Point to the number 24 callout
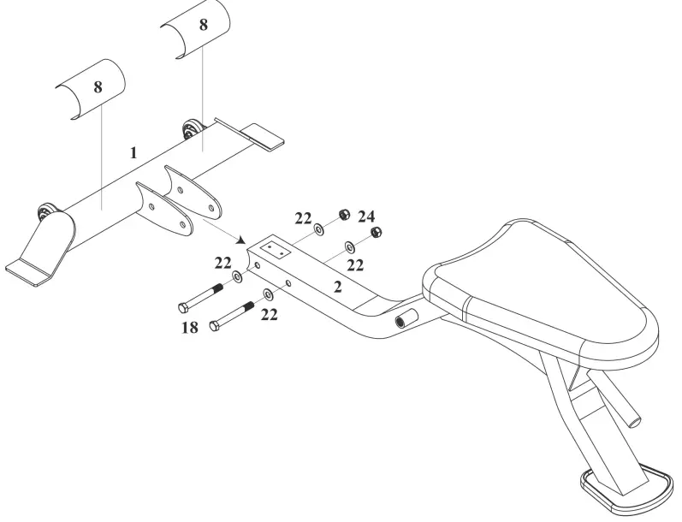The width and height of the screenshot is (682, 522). [366, 217]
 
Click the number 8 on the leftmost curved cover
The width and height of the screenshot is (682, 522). [98, 87]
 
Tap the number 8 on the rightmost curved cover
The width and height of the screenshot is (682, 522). [203, 25]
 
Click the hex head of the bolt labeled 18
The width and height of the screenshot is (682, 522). [183, 306]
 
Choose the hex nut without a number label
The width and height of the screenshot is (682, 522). [375, 233]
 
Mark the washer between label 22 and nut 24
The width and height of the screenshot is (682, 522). [319, 228]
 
